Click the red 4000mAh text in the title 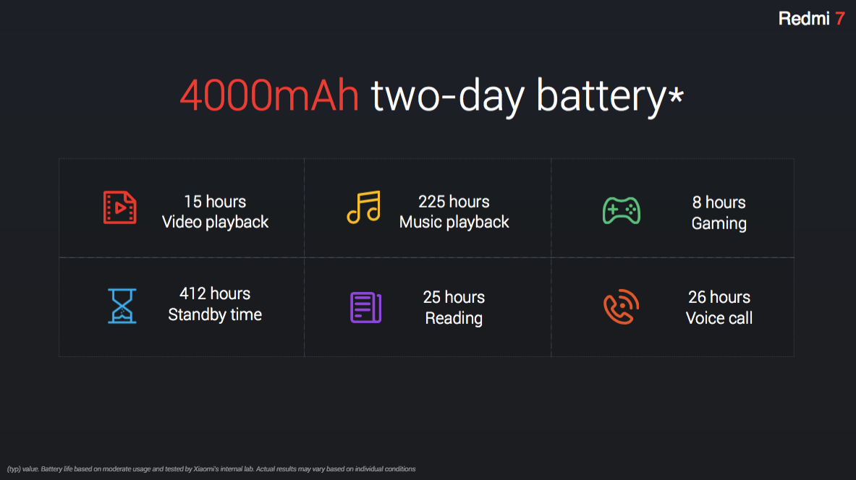pyautogui.click(x=269, y=96)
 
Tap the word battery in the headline pyautogui.click(x=601, y=97)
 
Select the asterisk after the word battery pyautogui.click(x=677, y=95)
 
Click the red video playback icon pyautogui.click(x=120, y=207)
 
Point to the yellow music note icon pyautogui.click(x=363, y=207)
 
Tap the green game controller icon pyautogui.click(x=622, y=210)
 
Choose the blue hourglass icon pyautogui.click(x=122, y=306)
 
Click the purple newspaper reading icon pyautogui.click(x=365, y=308)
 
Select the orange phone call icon pyautogui.click(x=622, y=307)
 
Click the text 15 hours pyautogui.click(x=215, y=202)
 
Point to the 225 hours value pyautogui.click(x=454, y=202)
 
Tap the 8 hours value pyautogui.click(x=719, y=203)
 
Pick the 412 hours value pyautogui.click(x=215, y=294)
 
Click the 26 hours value pyautogui.click(x=719, y=297)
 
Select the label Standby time pyautogui.click(x=215, y=314)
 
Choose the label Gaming pyautogui.click(x=719, y=223)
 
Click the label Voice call pyautogui.click(x=719, y=318)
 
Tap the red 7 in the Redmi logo pyautogui.click(x=840, y=19)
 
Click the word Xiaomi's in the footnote pyautogui.click(x=205, y=469)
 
